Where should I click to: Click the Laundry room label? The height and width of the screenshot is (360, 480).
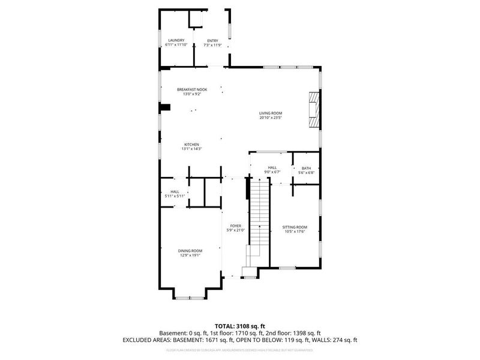pos(176,40)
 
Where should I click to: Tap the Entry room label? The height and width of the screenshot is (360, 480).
pos(213,40)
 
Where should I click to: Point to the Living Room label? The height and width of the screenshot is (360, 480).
pos(271,113)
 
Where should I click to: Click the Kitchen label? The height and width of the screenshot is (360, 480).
pos(191,144)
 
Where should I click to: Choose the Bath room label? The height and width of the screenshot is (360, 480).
pos(306,168)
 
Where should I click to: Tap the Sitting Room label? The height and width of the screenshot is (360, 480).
pos(294,227)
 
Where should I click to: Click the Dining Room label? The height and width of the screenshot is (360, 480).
pos(190,250)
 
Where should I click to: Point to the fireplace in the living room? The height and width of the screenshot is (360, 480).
pos(313,109)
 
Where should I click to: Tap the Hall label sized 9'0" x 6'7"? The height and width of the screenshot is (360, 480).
pos(272,168)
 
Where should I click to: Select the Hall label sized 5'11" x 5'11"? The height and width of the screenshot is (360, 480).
pos(175,191)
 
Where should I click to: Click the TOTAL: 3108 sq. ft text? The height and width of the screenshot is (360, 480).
pos(239,326)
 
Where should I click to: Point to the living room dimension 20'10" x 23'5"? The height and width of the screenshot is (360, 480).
pos(271,118)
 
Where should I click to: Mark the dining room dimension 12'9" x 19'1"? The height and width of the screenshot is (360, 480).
pos(190,255)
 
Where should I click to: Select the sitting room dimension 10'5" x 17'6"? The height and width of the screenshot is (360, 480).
pos(294,232)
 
